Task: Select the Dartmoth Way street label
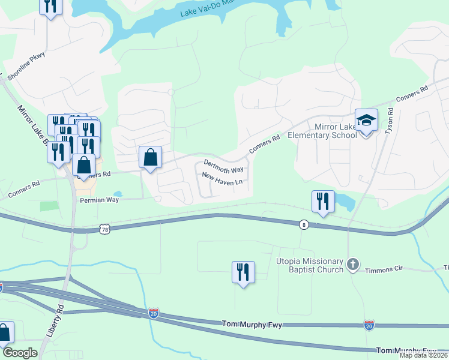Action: pyautogui.click(x=223, y=166)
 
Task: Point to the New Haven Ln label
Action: pyautogui.click(x=222, y=178)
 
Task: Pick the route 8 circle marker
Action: pyautogui.click(x=305, y=224)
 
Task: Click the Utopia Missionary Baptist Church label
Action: pyautogui.click(x=309, y=265)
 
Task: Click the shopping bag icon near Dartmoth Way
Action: pyautogui.click(x=150, y=158)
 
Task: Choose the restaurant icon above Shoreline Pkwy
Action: pyautogui.click(x=50, y=6)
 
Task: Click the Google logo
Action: pyautogui.click(x=20, y=353)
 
